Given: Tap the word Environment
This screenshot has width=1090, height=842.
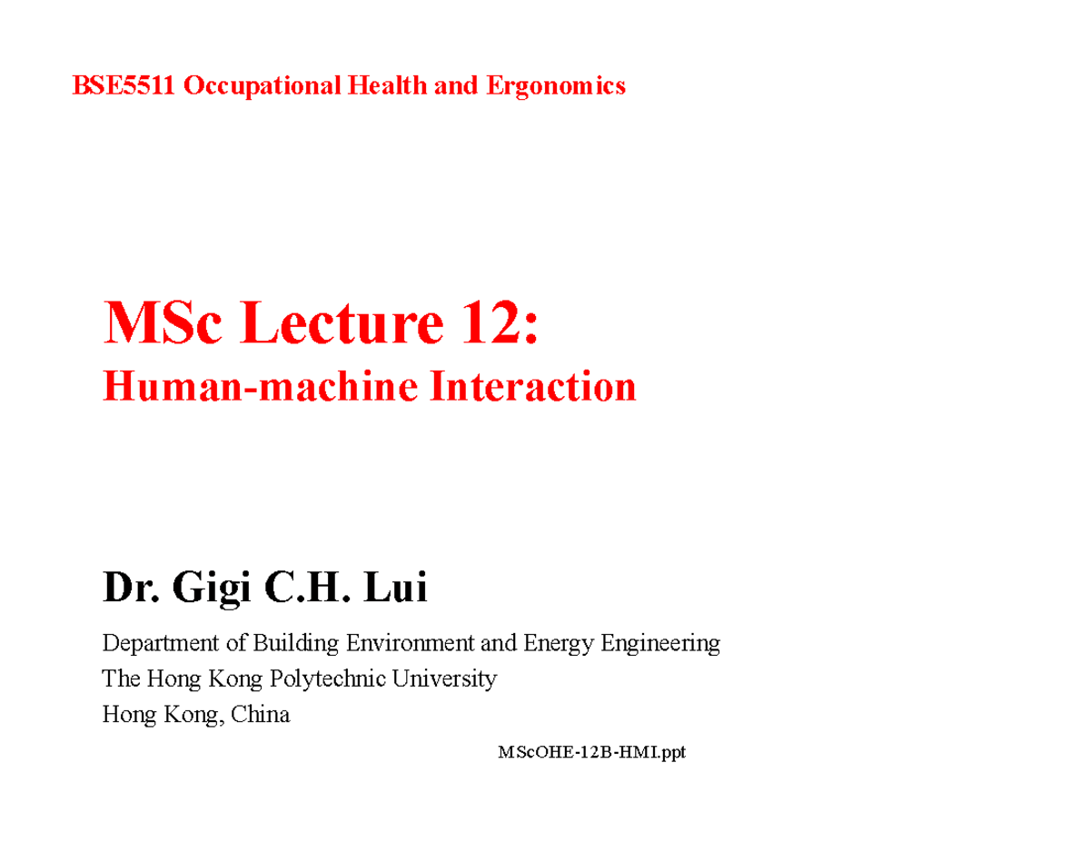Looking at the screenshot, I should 409,644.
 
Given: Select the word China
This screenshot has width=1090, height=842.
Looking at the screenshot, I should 261,714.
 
